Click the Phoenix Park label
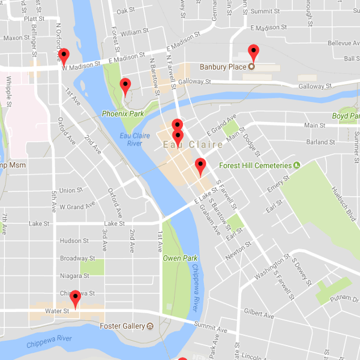click(123, 113)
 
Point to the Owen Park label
click(180, 258)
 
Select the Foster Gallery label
click(122, 326)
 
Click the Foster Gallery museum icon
click(150, 326)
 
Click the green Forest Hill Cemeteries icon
click(296, 165)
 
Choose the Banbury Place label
click(223, 67)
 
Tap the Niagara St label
click(74, 276)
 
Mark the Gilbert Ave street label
click(259, 314)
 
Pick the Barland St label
click(320, 142)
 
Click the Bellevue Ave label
click(344, 44)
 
